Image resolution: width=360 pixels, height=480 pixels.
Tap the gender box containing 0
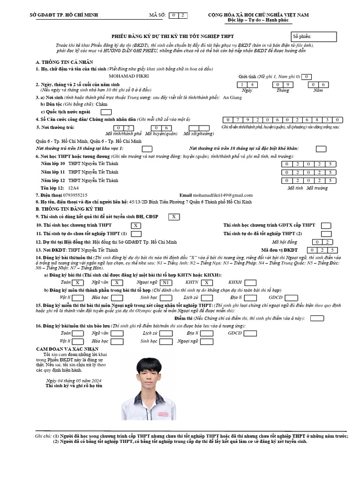click(x=306, y=76)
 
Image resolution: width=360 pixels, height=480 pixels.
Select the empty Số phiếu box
click(x=314, y=37)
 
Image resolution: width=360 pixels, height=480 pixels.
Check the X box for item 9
click(x=173, y=217)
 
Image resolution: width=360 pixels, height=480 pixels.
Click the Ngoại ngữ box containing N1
click(x=166, y=283)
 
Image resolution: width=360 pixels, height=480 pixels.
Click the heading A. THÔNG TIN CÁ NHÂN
click(x=64, y=62)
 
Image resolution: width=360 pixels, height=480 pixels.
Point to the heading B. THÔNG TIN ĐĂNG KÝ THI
click(x=70, y=209)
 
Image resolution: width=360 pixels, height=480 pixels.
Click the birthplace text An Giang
click(x=232, y=97)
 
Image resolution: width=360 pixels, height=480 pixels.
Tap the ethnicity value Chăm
click(x=101, y=105)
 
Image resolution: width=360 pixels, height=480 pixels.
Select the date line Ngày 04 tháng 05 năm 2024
click(x=74, y=381)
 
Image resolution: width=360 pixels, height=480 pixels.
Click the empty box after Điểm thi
click(x=317, y=318)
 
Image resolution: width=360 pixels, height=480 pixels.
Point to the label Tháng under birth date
click(x=283, y=90)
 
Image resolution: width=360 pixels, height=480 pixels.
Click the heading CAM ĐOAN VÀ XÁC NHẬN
click(x=67, y=349)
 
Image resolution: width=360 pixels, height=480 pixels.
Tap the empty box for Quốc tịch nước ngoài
click(x=106, y=112)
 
